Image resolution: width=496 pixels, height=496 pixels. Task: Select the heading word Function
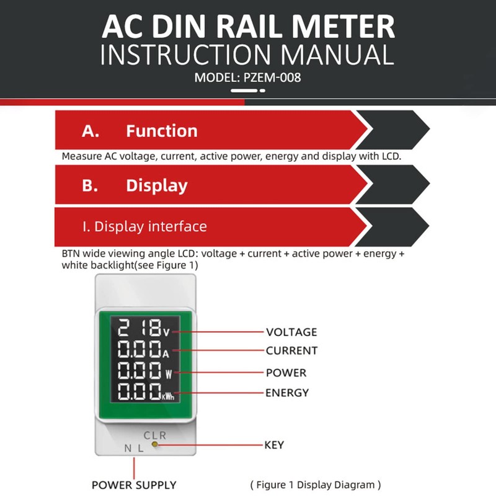point(161,131)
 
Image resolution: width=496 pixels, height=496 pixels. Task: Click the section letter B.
point(90,186)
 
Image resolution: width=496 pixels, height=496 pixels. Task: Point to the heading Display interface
point(144,226)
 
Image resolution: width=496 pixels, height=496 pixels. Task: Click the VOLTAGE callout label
point(291,332)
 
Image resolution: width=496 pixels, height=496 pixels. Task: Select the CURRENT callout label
point(291,350)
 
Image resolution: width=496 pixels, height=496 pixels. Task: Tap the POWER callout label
point(286,373)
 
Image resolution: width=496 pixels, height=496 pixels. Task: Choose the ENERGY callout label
point(287,392)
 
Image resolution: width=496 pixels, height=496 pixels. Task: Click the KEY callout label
point(275,445)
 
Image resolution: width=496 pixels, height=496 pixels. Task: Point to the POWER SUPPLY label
point(134,485)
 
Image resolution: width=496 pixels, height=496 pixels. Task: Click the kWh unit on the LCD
point(168,396)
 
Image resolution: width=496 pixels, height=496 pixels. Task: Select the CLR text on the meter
point(155,435)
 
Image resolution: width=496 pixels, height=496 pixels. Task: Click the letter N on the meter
point(128,448)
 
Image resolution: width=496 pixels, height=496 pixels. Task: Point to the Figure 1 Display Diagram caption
point(315,485)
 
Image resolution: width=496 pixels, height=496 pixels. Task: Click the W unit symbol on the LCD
point(168,374)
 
